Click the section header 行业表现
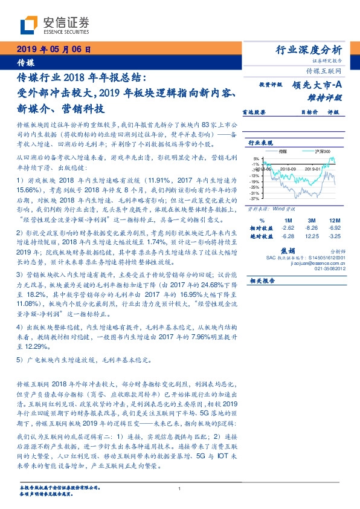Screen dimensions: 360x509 [x=259, y=143]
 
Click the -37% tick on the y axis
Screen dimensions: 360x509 [x=255, y=198]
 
